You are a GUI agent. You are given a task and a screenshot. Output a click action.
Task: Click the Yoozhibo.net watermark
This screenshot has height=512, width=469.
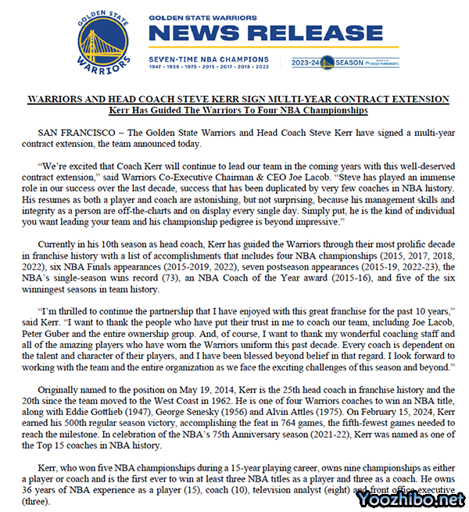(x=414, y=498)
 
